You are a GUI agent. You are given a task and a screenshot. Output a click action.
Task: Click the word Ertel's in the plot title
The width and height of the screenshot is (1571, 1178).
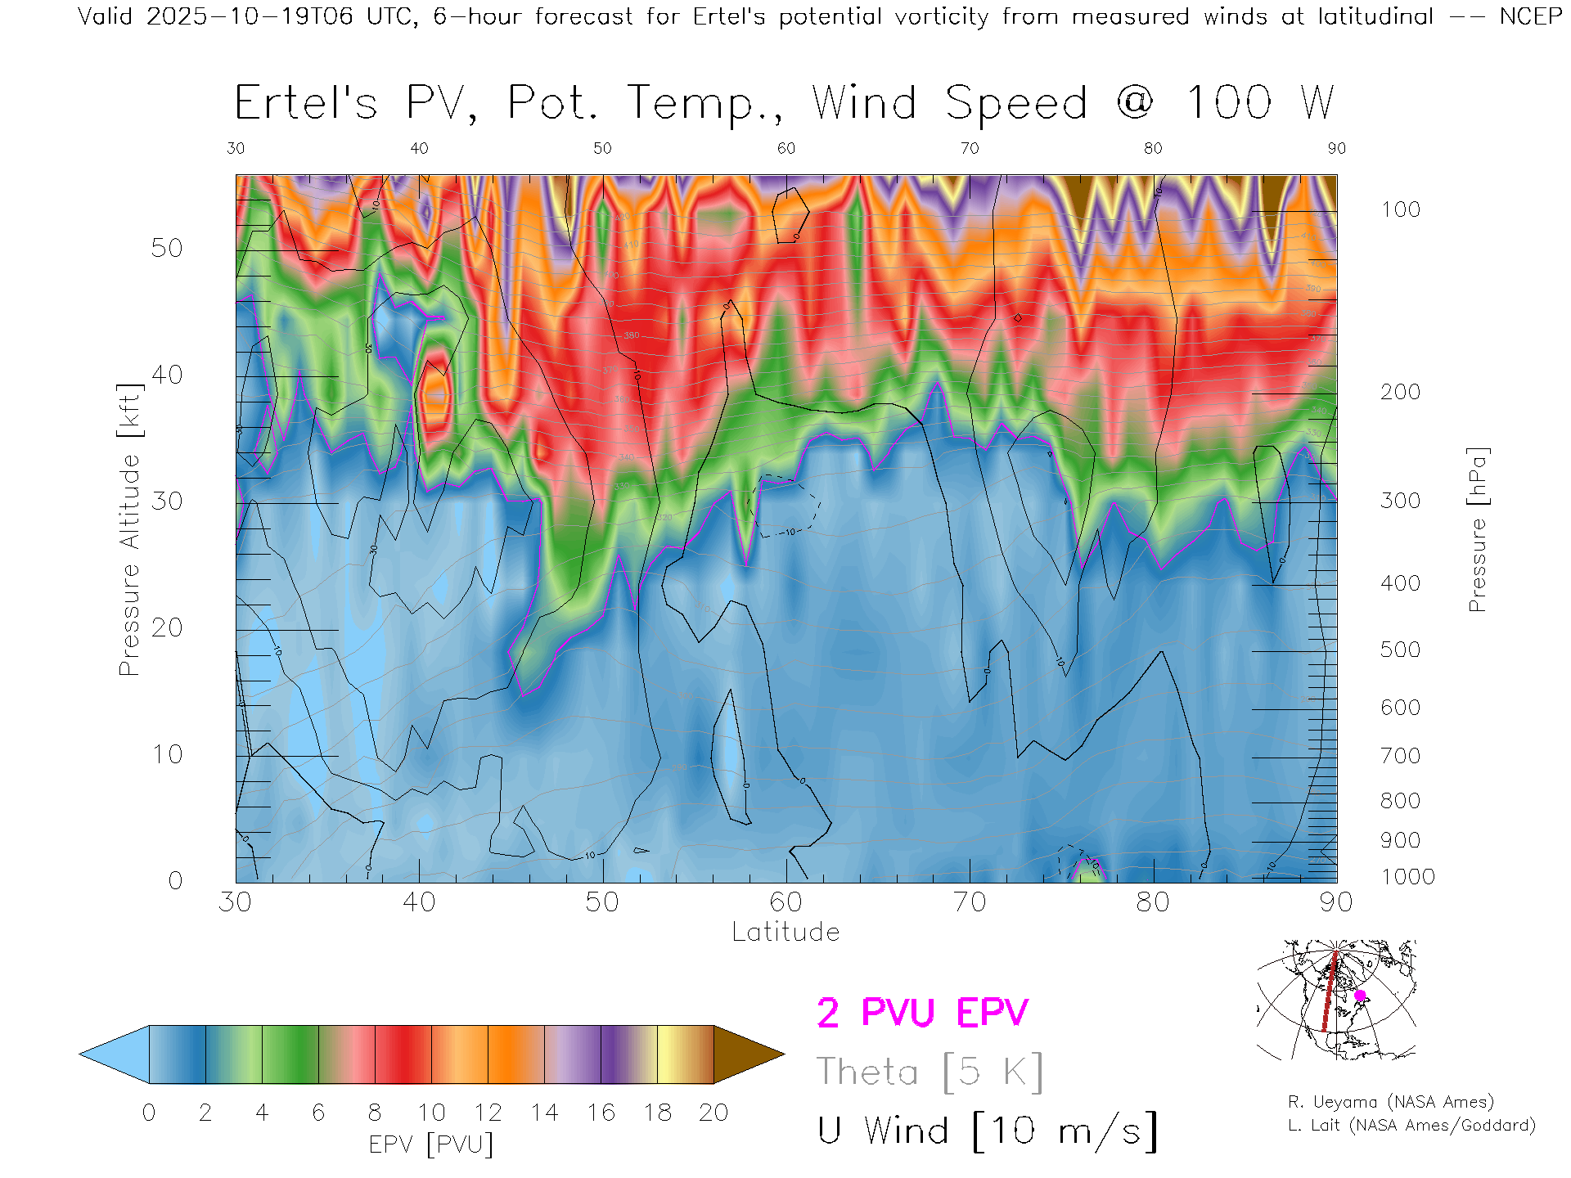(x=306, y=104)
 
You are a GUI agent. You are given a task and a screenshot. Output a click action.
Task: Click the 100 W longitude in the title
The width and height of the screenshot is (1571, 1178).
(x=1260, y=104)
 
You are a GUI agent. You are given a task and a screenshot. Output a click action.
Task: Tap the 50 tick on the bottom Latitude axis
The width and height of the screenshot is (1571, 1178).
(x=602, y=902)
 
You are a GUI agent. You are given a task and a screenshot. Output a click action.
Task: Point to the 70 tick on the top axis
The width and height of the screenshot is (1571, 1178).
(x=970, y=148)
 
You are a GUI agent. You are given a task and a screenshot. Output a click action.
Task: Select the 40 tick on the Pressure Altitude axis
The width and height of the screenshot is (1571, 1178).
(x=166, y=375)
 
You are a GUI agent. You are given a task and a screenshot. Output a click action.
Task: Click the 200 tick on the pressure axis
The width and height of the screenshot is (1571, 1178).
(x=1400, y=392)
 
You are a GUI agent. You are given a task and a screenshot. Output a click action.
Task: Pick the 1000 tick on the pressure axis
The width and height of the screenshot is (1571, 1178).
(x=1407, y=877)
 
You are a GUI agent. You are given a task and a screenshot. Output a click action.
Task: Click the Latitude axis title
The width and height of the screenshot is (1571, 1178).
(x=785, y=933)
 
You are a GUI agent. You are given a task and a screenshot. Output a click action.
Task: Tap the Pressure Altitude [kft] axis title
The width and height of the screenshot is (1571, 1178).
(x=129, y=529)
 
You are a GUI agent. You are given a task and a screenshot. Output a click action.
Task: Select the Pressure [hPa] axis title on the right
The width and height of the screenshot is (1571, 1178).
(x=1477, y=529)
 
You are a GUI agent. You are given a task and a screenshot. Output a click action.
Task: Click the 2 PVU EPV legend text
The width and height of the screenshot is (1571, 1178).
(x=922, y=1013)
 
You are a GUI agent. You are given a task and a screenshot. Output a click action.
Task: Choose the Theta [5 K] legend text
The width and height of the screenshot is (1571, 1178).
(x=930, y=1072)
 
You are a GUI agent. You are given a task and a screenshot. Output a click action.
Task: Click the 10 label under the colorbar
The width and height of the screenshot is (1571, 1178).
(x=431, y=1113)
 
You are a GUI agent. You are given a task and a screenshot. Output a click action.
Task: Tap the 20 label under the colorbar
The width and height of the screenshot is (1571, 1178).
(x=713, y=1113)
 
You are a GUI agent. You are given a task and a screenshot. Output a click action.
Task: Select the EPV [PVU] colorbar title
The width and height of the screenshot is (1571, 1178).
(x=431, y=1144)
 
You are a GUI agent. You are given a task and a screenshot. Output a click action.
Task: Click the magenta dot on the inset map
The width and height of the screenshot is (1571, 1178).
(x=1360, y=996)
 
